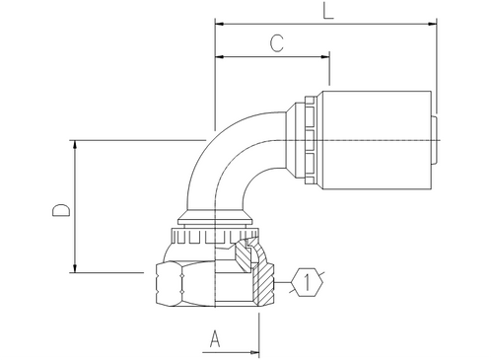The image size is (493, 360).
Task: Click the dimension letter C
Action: pos(278,43)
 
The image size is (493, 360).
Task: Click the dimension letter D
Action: pos(60,211)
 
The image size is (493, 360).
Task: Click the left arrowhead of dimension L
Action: pos(219,23)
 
